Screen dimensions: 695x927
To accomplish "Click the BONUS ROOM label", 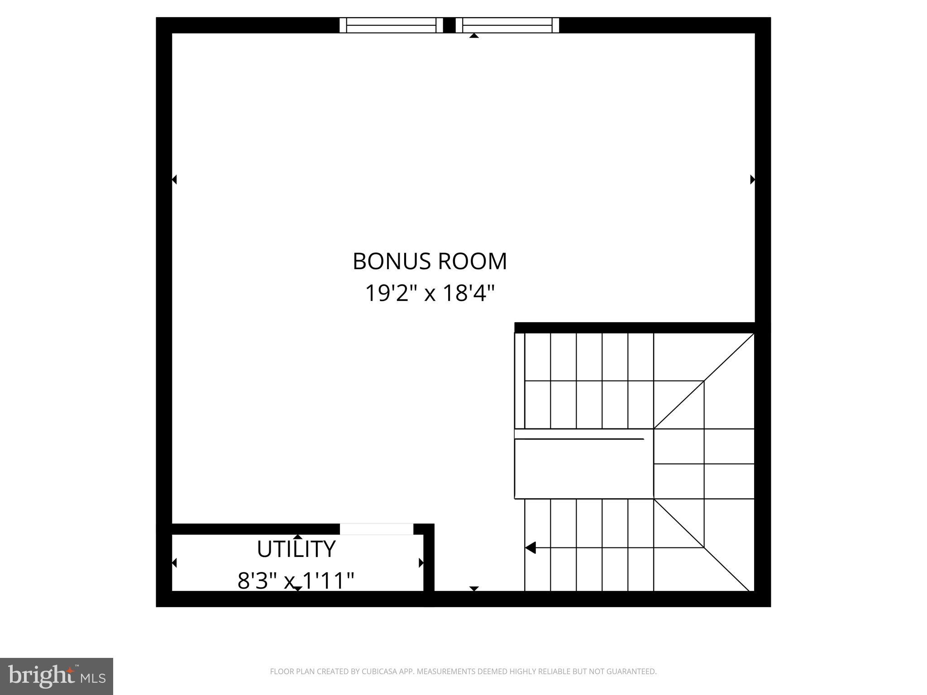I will pos(430,262).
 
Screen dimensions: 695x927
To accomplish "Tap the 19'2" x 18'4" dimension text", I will pos(430,293).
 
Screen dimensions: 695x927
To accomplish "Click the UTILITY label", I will pos(296,549).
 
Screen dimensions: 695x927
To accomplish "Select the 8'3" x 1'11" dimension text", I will pos(296,581).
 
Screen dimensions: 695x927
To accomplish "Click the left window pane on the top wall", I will pos(391,25).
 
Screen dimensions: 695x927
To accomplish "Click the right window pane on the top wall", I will pos(507,25).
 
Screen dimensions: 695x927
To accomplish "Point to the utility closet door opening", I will pos(377,529).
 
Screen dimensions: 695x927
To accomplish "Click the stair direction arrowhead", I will pos(530,547).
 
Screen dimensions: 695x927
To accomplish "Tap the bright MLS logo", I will pos(56,676).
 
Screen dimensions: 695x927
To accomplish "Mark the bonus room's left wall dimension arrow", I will pos(174,180).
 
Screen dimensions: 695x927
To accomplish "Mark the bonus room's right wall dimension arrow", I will pos(752,180).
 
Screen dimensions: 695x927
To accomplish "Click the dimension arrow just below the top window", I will pos(474,36).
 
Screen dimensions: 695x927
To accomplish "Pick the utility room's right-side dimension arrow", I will pos(421,563).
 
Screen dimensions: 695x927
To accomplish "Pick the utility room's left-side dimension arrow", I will pos(174,563).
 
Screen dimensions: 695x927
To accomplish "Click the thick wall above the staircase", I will pos(634,328).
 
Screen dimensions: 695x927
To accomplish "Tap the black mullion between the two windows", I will pos(449,25).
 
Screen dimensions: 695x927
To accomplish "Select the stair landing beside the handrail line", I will pos(584,469).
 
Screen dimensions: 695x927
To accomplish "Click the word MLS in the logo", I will pos(93,678).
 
